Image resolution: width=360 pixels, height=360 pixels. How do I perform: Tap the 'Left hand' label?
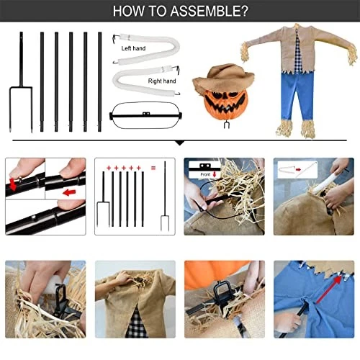coord(133,48)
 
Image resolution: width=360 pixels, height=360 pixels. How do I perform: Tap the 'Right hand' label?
coord(162,81)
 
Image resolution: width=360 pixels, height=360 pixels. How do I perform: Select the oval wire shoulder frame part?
coord(145,115)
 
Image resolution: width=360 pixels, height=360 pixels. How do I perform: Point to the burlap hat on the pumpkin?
coord(224,78)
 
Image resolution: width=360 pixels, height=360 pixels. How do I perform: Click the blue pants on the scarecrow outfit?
coord(297,95)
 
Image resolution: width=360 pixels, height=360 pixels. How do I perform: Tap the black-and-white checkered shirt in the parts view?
coord(297,53)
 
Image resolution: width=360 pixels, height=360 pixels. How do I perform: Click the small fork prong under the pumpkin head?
coord(226,125)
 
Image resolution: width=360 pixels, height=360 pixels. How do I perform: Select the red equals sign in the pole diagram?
coord(153,168)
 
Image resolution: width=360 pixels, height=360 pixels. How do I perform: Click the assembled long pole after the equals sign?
coord(165,196)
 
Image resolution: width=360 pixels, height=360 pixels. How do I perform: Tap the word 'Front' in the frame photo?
coord(205,174)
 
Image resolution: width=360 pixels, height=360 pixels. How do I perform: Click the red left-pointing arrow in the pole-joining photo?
coord(69,192)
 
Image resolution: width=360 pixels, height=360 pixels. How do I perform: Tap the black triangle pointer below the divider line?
coord(180,143)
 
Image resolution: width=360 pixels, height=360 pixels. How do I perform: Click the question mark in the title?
coord(244,11)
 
